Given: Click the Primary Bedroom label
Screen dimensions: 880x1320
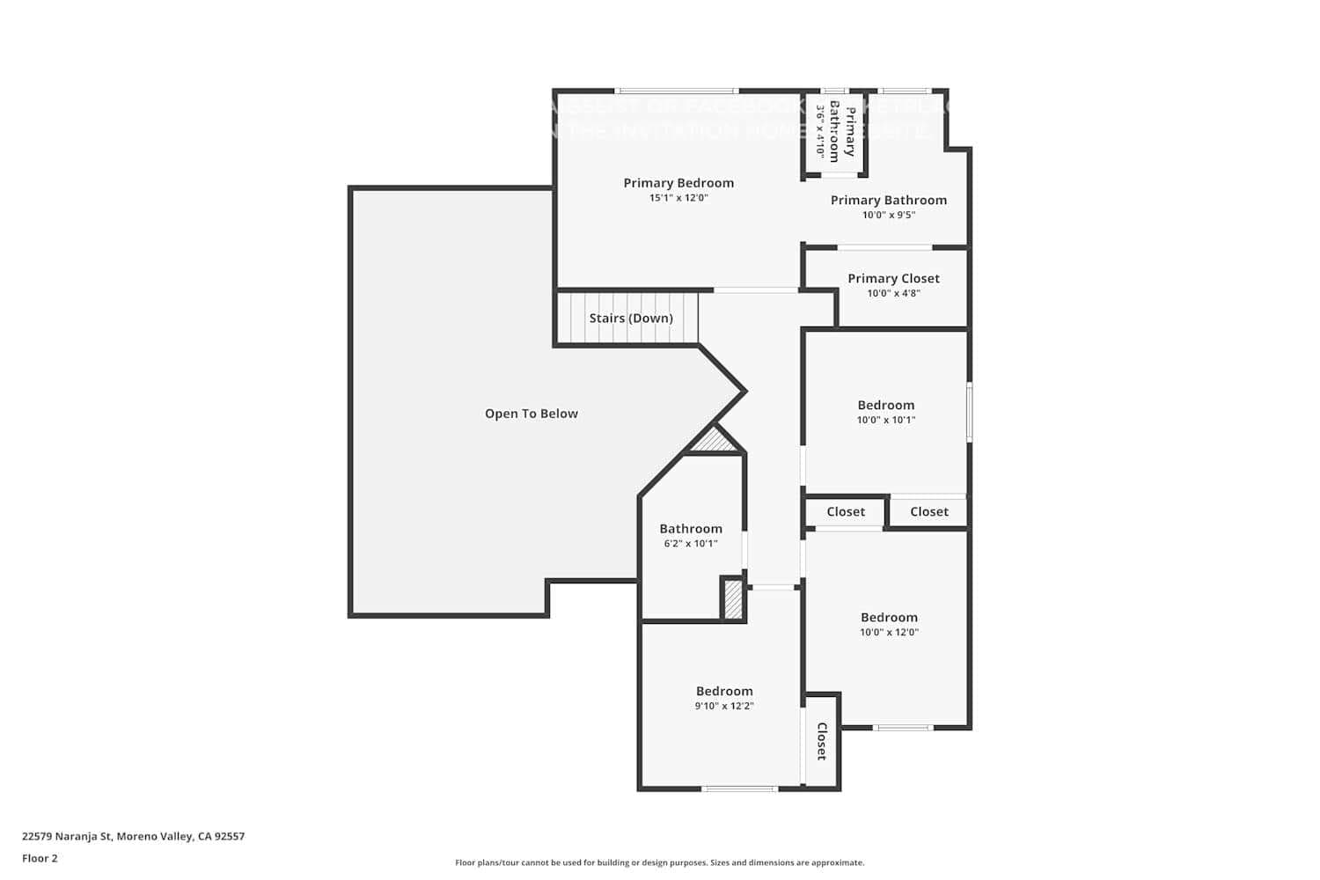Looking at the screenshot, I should tap(678, 183).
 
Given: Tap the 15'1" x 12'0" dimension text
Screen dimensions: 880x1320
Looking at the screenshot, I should tap(678, 198).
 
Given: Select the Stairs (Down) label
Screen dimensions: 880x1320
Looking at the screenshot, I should tap(631, 319).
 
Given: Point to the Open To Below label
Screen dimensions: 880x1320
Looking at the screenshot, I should tap(532, 414).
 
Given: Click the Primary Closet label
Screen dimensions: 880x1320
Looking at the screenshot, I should tap(893, 278).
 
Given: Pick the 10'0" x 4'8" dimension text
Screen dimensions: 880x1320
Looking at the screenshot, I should tap(893, 293).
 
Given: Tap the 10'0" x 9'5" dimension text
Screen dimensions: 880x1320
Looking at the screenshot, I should tap(889, 215).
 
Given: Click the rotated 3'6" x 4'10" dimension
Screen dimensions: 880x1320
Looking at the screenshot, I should tap(820, 132).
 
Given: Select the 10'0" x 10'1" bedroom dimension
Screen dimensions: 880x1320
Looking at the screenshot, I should tap(886, 420).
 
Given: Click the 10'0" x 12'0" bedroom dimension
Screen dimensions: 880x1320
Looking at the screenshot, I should tap(889, 632).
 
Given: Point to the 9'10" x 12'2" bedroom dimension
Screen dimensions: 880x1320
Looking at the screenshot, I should tap(724, 706).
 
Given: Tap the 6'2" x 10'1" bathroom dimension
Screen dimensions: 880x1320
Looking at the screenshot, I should tap(691, 544).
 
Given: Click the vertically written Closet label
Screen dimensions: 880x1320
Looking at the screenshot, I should tap(822, 741).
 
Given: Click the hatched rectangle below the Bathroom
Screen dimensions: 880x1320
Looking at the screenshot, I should tap(732, 600).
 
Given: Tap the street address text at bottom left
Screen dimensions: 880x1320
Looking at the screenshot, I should tap(134, 837).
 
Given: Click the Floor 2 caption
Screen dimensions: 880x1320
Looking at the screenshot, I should tap(40, 859).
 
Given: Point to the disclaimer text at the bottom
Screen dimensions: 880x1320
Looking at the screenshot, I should tap(659, 863).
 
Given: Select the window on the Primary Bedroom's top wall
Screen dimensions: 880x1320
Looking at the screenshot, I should tap(676, 91).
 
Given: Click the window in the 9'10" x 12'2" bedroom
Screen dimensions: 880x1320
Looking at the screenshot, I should tap(740, 788).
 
